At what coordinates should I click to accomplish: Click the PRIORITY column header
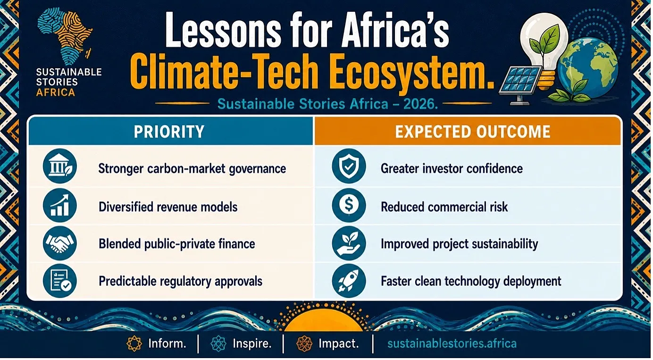(x=169, y=132)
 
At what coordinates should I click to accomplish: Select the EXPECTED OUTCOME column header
(x=473, y=132)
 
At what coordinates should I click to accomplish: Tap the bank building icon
(x=60, y=166)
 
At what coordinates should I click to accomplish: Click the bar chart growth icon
(x=60, y=205)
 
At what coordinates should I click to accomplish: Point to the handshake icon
(x=60, y=243)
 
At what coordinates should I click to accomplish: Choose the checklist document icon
(x=60, y=281)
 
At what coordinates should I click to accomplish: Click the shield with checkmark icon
(x=349, y=166)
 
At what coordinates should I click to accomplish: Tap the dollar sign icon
(x=349, y=205)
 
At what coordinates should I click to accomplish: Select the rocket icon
(x=349, y=281)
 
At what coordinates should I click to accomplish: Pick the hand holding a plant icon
(x=349, y=243)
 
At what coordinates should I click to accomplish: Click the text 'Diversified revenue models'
(x=168, y=207)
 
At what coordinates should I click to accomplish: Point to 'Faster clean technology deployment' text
(x=471, y=282)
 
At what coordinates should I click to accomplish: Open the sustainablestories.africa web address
(x=452, y=343)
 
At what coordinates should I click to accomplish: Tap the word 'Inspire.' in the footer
(x=252, y=343)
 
